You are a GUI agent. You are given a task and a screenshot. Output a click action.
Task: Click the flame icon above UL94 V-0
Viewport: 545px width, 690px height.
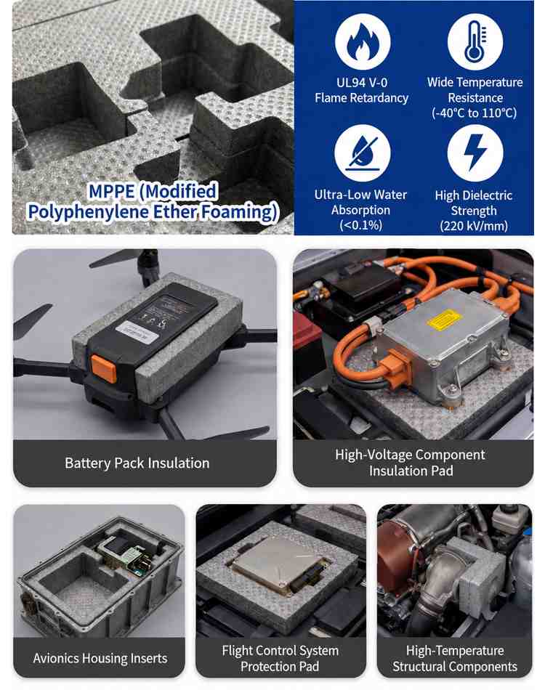point(363,42)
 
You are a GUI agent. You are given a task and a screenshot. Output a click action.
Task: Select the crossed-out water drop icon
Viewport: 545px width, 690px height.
point(363,153)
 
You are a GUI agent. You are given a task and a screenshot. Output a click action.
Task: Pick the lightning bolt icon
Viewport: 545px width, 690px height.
point(475,153)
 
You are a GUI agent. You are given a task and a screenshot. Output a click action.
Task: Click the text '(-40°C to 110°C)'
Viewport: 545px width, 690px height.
point(474,113)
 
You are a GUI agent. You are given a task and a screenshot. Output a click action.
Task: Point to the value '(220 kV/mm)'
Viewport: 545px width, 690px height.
point(474,226)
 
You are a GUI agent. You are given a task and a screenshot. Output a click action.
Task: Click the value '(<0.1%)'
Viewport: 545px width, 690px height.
point(360,225)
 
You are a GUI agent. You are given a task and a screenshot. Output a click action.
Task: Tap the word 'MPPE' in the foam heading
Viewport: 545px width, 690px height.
point(112,192)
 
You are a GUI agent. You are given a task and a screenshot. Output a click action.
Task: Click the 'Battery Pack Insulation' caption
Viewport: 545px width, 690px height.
point(137,463)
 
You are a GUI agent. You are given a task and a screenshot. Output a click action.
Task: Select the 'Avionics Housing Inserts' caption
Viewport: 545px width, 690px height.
point(100,658)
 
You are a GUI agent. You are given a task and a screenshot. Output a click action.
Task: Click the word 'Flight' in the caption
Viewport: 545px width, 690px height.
point(236,650)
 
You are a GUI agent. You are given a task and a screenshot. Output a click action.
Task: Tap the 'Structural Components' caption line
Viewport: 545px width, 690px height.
point(455,667)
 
